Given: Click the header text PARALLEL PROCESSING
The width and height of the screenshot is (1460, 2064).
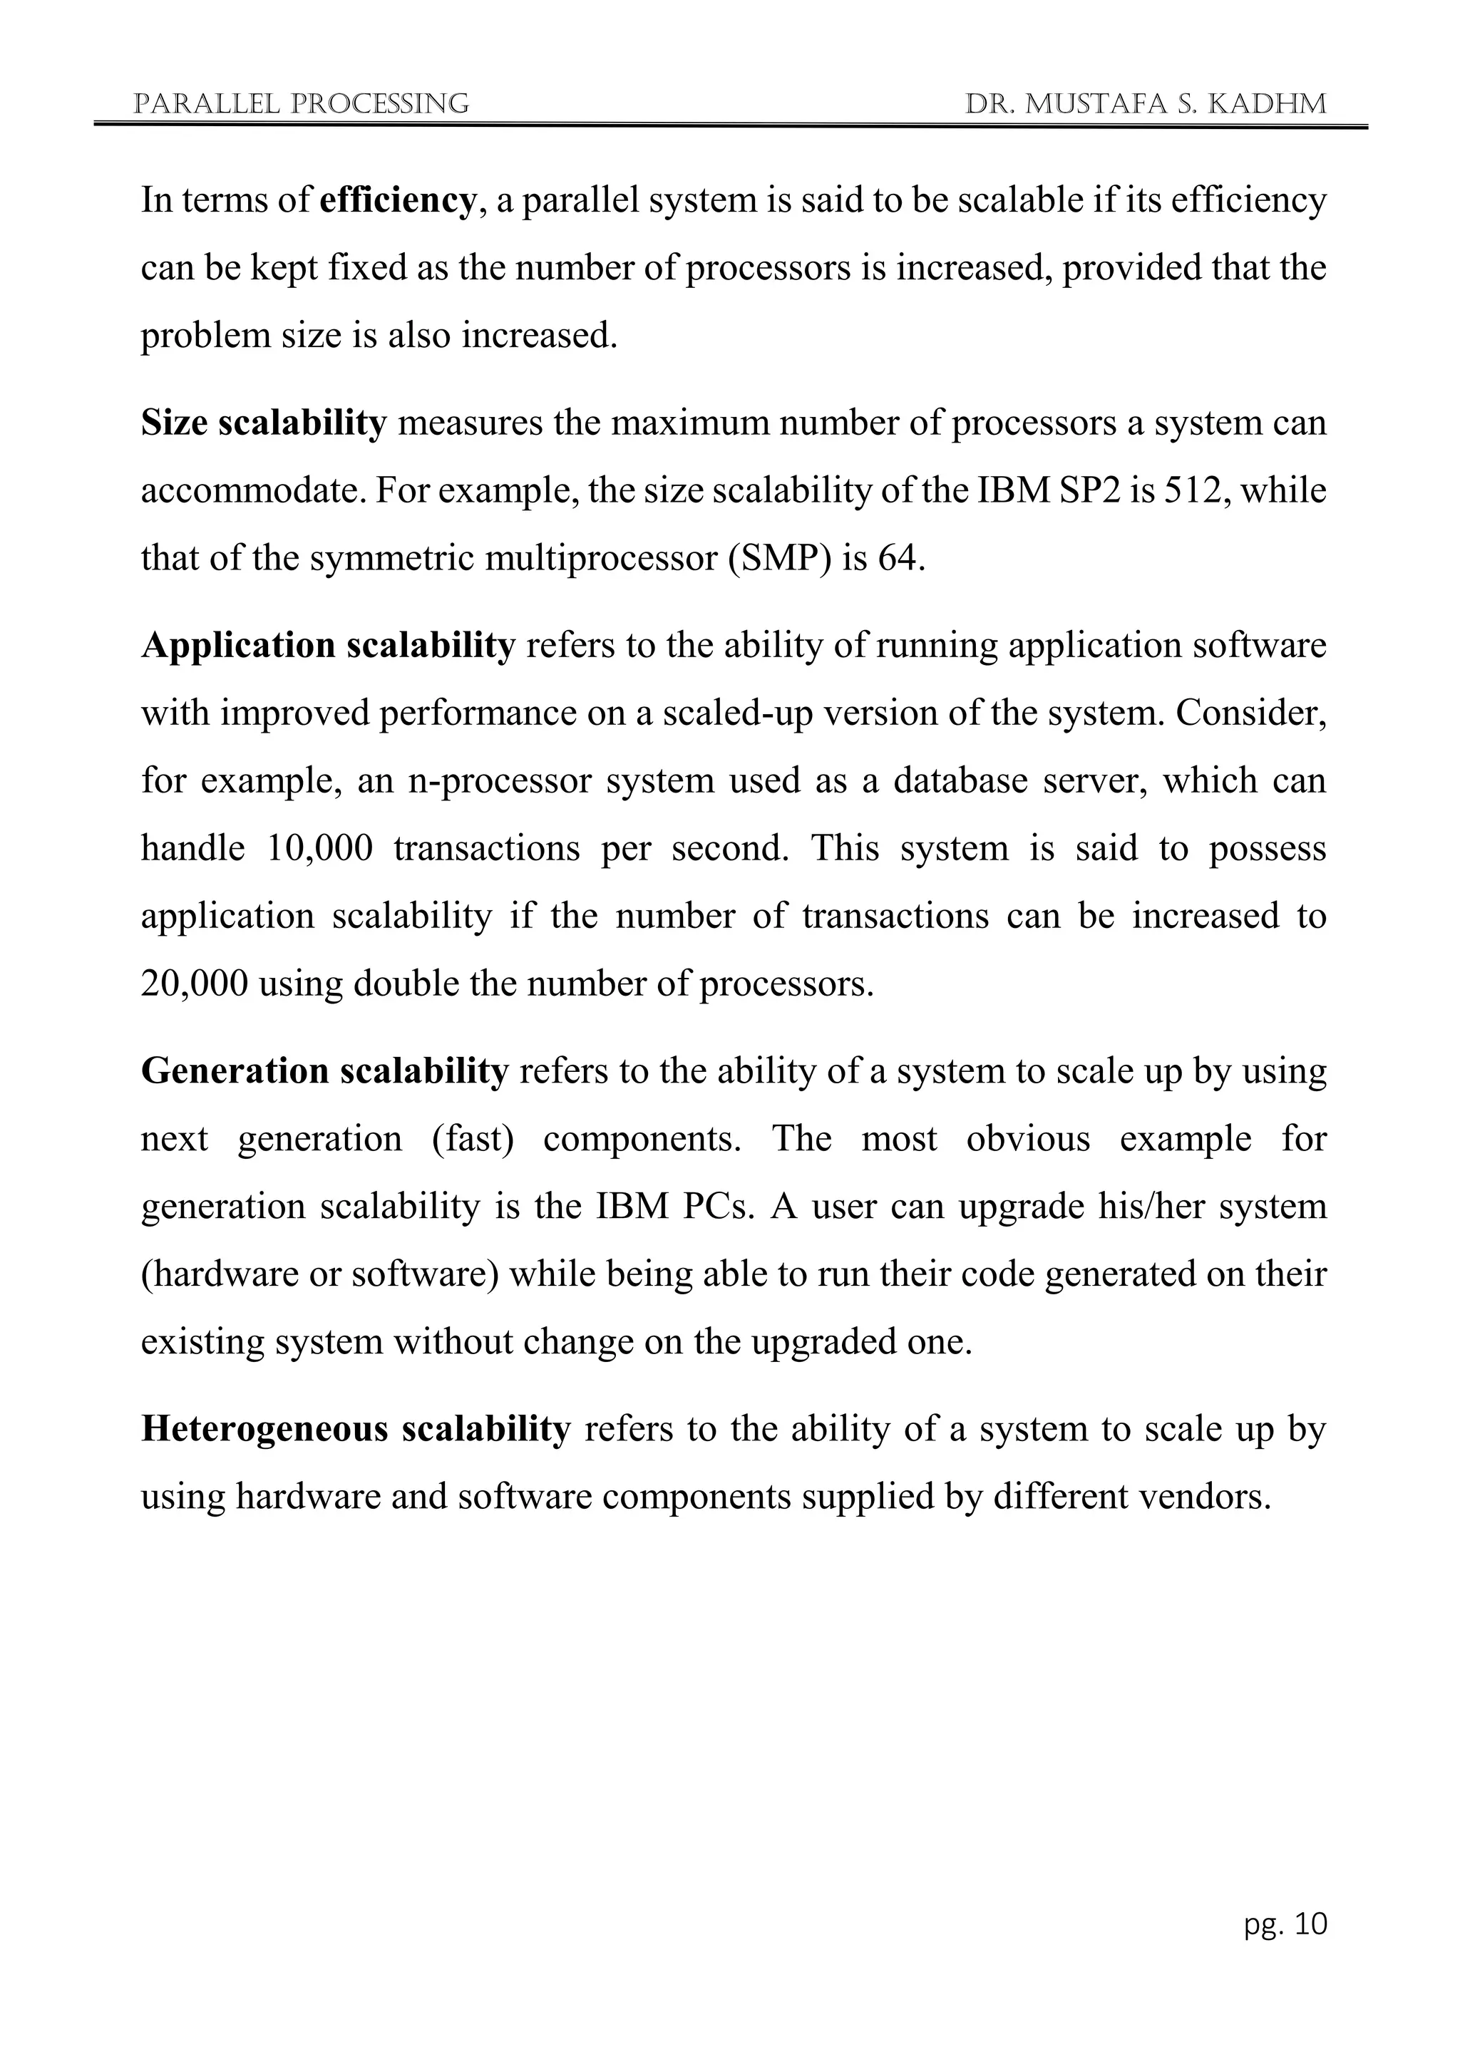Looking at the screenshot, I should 300,104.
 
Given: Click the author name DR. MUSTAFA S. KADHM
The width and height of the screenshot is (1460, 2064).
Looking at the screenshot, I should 1146,104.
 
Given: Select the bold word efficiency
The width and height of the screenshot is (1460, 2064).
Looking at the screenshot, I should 396,200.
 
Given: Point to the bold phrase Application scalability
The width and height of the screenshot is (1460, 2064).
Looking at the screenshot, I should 328,646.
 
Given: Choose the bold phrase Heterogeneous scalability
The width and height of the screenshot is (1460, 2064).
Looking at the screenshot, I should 355,1428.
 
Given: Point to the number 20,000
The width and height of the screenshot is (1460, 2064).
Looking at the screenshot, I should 193,984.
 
